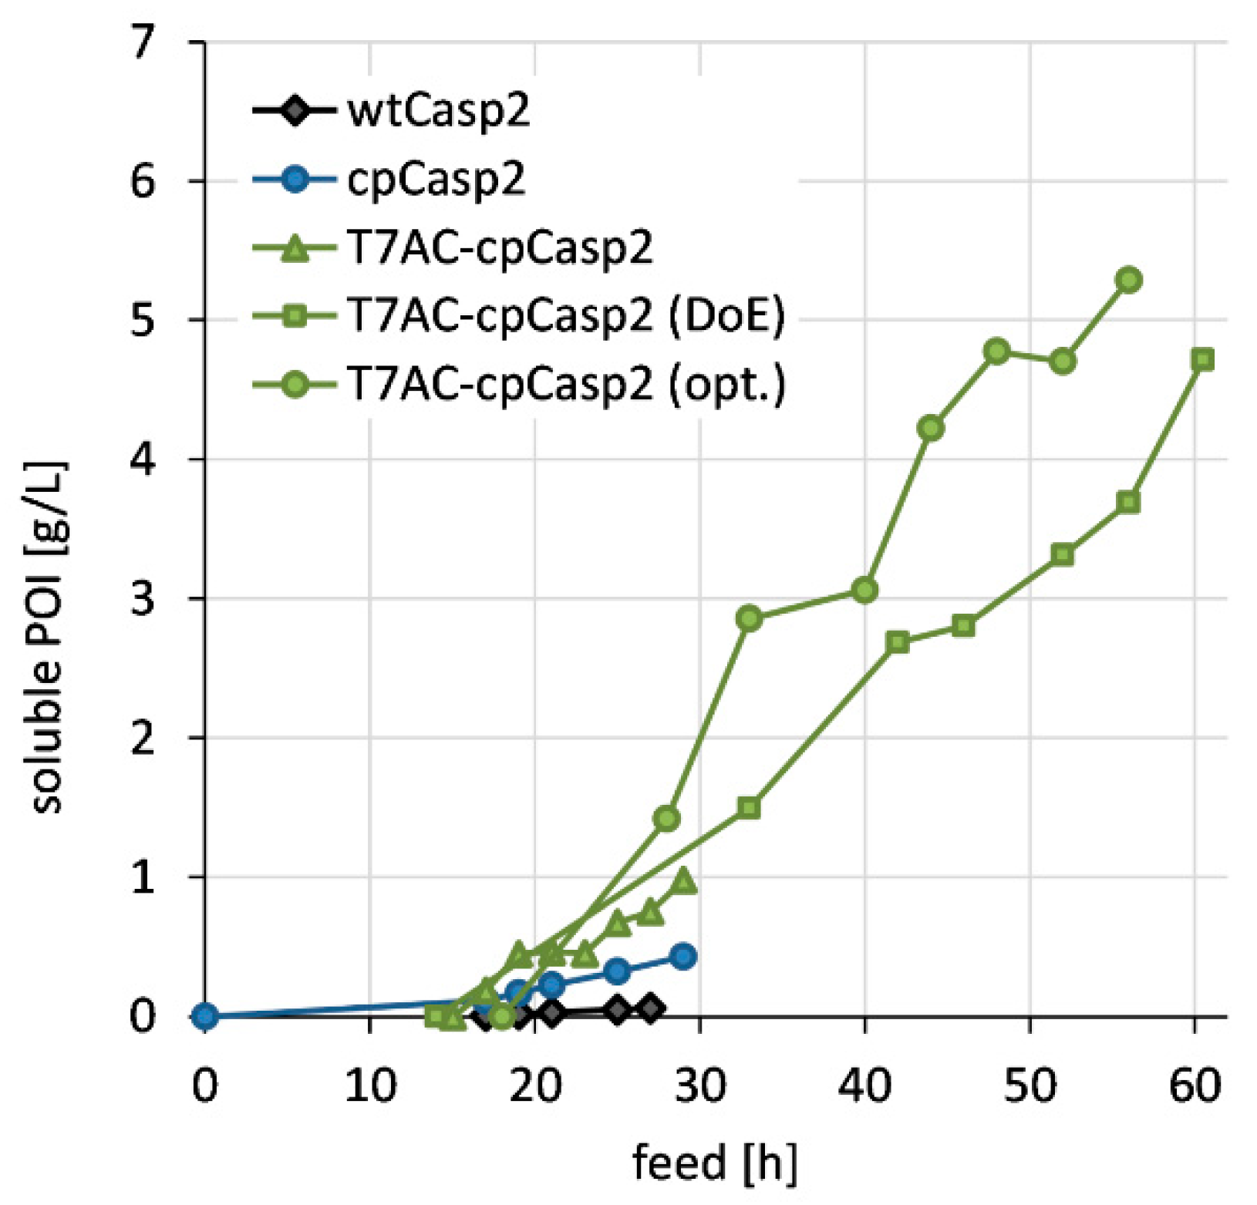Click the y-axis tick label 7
tap(143, 42)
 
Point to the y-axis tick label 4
tap(143, 459)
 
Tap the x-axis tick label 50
tap(1030, 1086)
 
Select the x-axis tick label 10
tap(369, 1086)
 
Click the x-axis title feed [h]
tap(714, 1162)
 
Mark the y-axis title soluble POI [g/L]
tap(48, 638)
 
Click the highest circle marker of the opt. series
tap(1129, 280)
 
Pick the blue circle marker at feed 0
tap(204, 1017)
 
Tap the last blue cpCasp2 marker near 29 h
tap(683, 956)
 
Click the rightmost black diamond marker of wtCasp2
tap(650, 1008)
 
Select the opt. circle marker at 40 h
tap(864, 591)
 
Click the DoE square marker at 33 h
tap(749, 808)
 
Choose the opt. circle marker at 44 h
tap(931, 428)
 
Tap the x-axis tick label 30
tap(699, 1086)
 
